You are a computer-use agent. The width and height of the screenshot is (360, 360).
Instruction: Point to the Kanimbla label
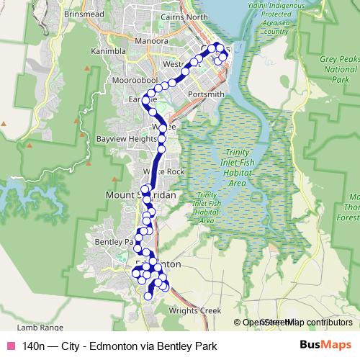(107, 52)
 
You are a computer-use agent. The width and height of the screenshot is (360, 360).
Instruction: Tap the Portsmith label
(205, 94)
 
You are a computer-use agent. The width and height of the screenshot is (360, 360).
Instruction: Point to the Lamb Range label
(24, 326)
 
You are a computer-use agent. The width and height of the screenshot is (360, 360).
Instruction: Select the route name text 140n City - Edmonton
(119, 346)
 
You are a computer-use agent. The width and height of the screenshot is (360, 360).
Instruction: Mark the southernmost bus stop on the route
(149, 296)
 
